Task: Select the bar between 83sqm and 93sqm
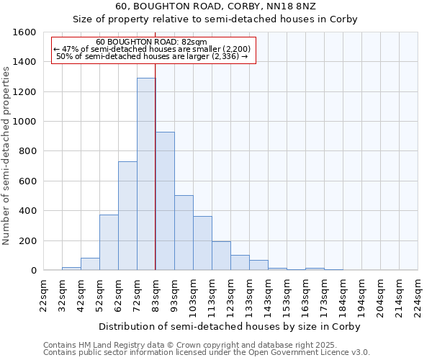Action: pyautogui.click(x=165, y=201)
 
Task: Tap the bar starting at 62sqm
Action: pyautogui.click(x=127, y=216)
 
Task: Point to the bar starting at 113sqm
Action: pyautogui.click(x=221, y=256)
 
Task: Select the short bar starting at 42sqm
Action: pyautogui.click(x=90, y=264)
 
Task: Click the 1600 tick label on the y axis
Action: pyautogui.click(x=24, y=32)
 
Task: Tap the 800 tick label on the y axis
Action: pyautogui.click(x=27, y=151)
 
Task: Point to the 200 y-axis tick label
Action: pyautogui.click(x=27, y=240)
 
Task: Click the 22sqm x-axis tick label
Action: pyautogui.click(x=43, y=295)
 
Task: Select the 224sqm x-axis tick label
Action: pyautogui.click(x=418, y=295)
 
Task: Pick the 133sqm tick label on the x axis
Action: pyautogui.click(x=249, y=295)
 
